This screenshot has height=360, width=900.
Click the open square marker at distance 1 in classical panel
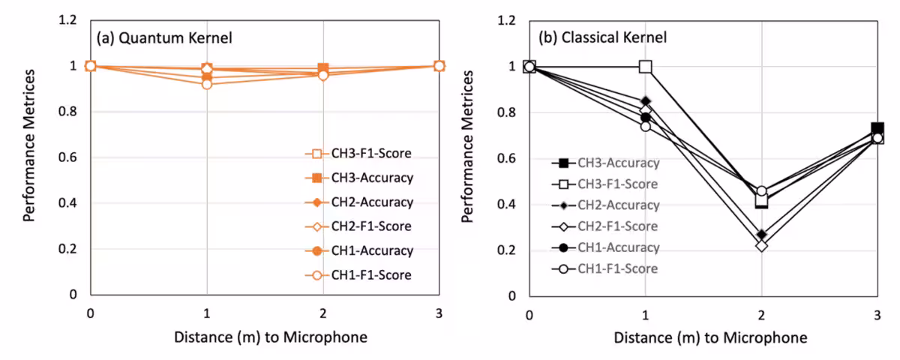click(646, 67)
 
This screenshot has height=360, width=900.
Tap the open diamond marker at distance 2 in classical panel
click(761, 245)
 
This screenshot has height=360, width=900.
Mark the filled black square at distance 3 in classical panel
click(877, 129)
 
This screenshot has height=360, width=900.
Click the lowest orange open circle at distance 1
click(207, 84)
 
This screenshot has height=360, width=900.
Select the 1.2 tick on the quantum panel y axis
click(69, 20)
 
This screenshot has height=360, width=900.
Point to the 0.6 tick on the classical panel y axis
click(508, 158)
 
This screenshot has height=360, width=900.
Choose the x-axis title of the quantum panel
click(271, 337)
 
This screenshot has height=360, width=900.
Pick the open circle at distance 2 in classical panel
click(761, 192)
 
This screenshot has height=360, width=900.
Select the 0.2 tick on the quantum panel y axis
click(69, 249)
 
